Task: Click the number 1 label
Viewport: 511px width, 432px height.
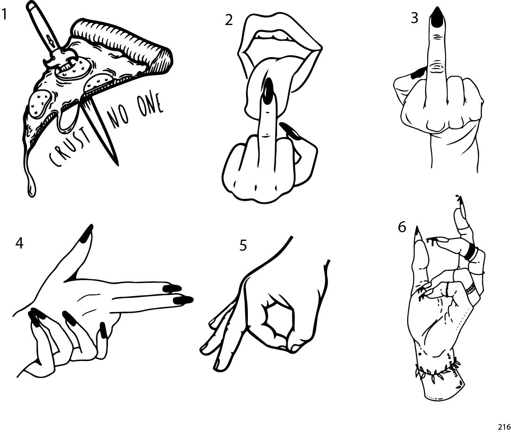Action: tap(4, 15)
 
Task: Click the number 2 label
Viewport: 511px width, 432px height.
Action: tap(229, 20)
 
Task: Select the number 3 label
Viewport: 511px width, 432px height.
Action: tap(414, 18)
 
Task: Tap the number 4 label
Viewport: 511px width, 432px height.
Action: tap(19, 243)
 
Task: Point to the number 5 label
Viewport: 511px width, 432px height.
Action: tap(243, 246)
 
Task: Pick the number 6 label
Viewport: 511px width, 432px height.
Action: tap(402, 227)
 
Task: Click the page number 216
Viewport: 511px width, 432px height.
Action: tap(503, 426)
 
